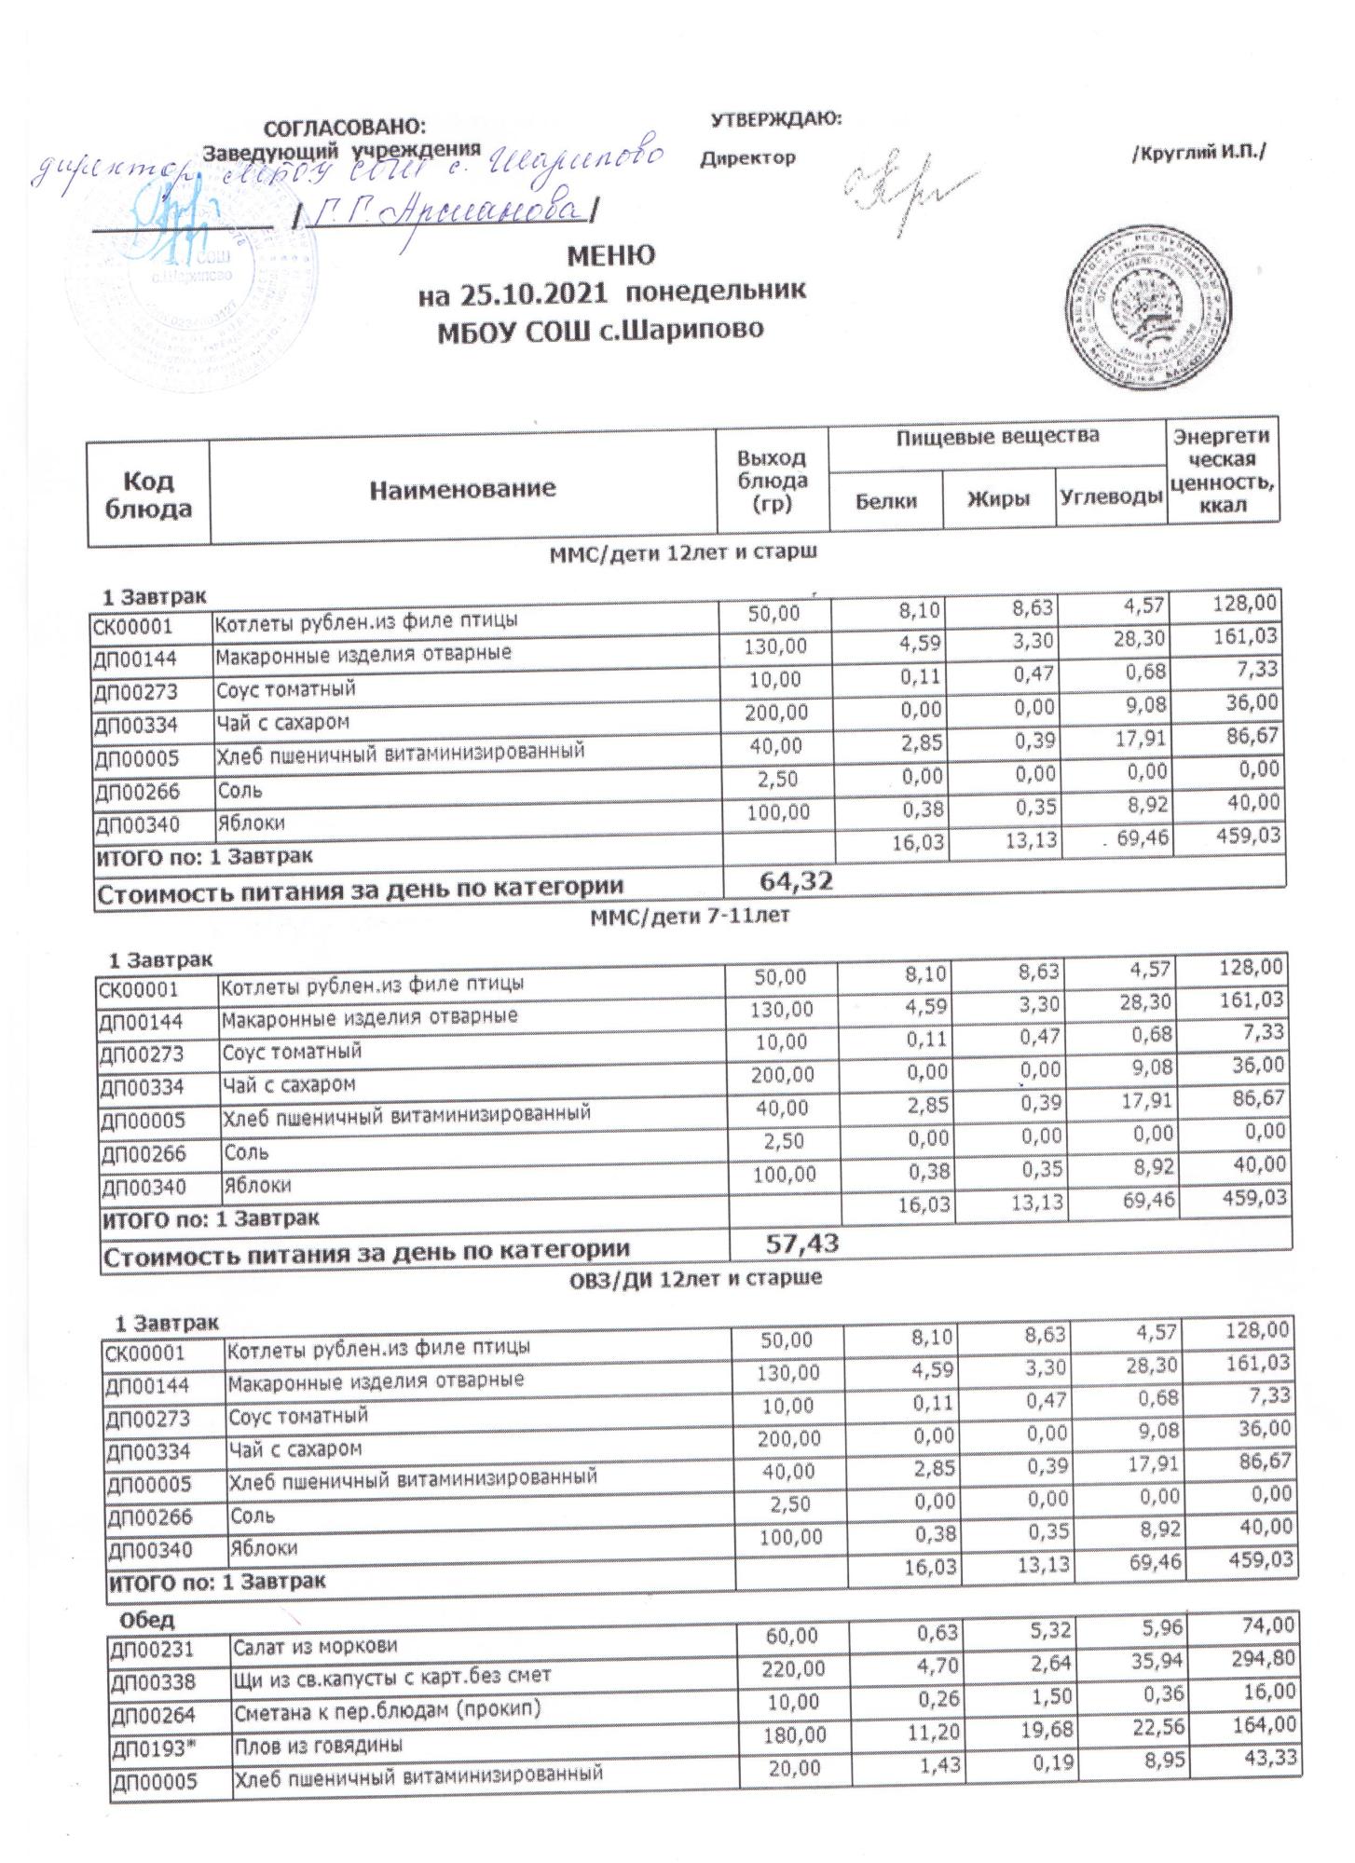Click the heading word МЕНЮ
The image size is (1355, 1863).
tap(610, 255)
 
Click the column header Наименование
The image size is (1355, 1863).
tap(462, 488)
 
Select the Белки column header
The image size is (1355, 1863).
tap(885, 501)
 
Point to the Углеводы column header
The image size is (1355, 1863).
tap(1111, 497)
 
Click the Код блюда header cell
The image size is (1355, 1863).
tap(149, 494)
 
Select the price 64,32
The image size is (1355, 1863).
tap(796, 879)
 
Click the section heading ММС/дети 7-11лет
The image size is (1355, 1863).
tap(690, 916)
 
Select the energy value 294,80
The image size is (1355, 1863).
tap(1265, 1684)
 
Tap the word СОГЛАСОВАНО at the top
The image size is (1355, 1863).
tap(345, 128)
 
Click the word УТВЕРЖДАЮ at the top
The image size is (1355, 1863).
tap(775, 119)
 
